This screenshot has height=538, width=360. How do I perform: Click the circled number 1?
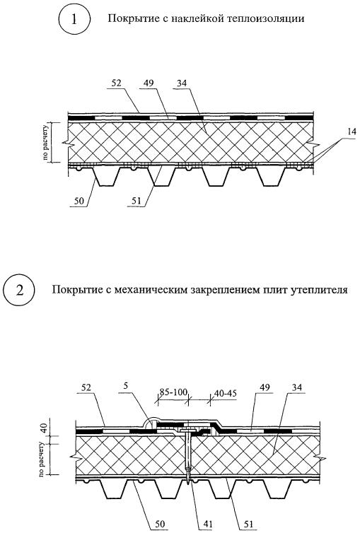click(74, 19)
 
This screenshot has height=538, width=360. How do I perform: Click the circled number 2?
click(20, 291)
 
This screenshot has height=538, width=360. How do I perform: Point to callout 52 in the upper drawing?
click(117, 83)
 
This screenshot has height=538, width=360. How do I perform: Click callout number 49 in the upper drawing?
click(149, 83)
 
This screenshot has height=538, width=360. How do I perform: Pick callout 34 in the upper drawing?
click(182, 83)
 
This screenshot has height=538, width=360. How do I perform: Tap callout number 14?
click(351, 131)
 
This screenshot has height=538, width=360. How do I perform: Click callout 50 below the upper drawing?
click(79, 201)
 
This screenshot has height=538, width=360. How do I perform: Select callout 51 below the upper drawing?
click(137, 201)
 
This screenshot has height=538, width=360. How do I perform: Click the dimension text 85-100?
click(173, 392)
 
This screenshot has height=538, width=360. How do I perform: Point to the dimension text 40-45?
click(225, 393)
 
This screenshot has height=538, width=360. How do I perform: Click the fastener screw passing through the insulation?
click(189, 457)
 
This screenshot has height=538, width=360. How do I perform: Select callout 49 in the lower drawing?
click(265, 387)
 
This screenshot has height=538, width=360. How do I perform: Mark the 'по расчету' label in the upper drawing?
click(46, 141)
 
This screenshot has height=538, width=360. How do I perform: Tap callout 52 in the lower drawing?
click(88, 387)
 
